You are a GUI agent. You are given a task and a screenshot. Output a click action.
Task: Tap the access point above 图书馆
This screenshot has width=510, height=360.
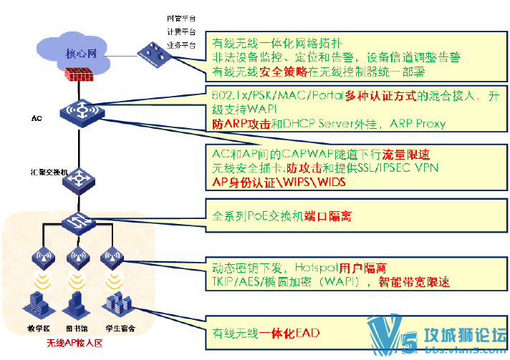(x=77, y=256)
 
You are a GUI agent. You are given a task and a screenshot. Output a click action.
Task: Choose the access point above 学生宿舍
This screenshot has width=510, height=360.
(x=110, y=256)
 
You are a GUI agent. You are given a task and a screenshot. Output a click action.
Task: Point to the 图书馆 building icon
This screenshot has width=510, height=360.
(x=77, y=306)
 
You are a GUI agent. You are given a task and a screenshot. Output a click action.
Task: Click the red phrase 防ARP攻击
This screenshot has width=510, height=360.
(x=239, y=123)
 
